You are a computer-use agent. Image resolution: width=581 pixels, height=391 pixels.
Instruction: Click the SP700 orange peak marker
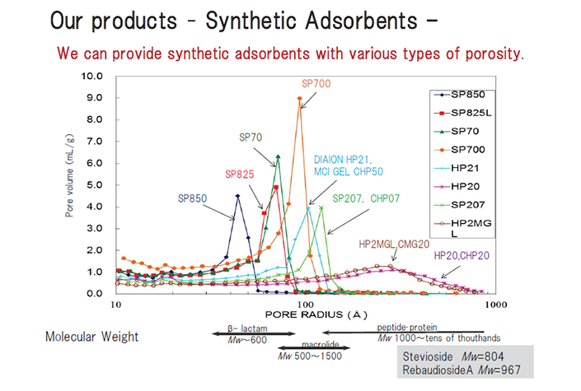tap(300, 99)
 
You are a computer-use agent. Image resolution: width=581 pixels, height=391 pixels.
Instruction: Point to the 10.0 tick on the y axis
tap(92, 77)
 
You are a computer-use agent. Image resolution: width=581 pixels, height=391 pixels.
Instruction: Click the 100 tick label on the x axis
tap(306, 305)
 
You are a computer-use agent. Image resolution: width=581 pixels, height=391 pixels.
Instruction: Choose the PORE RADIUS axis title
tap(316, 314)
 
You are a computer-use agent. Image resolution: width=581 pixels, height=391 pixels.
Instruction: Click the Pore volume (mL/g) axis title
tap(69, 175)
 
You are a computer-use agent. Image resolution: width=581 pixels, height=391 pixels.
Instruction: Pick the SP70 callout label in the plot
tap(251, 137)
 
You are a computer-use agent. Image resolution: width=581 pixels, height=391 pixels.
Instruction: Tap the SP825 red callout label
tap(239, 174)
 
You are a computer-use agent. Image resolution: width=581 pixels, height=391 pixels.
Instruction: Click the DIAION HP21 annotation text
tap(343, 160)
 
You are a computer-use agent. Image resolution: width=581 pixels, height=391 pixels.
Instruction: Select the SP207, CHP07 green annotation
tap(366, 198)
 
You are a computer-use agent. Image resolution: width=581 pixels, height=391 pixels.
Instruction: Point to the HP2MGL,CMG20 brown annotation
tap(394, 244)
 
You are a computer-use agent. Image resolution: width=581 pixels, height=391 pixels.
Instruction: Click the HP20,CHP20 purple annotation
tap(462, 255)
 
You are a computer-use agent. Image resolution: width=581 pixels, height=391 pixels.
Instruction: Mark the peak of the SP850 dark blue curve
tap(238, 196)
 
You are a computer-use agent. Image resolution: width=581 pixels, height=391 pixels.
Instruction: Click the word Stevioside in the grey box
tap(428, 356)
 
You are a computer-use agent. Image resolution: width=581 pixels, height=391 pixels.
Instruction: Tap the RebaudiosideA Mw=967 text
tap(462, 370)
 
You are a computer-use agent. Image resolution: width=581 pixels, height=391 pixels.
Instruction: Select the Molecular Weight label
tap(92, 337)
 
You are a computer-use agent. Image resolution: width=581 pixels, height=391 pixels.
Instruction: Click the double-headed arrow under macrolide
tap(314, 347)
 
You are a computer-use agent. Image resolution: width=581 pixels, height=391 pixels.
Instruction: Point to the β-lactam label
tap(247, 328)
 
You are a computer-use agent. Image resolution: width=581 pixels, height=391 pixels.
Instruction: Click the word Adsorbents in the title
tap(362, 21)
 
